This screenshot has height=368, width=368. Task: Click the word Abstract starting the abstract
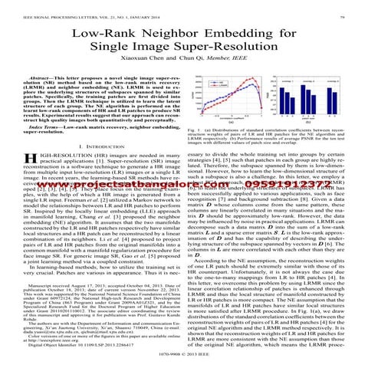tap(38, 80)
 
